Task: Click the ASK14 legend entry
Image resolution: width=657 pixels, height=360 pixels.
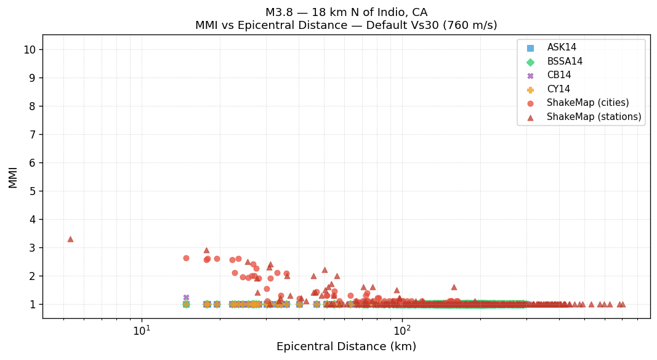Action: click(x=562, y=47)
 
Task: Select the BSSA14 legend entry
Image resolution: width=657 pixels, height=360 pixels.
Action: click(x=565, y=62)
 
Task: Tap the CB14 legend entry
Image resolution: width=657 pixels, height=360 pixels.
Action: click(x=558, y=75)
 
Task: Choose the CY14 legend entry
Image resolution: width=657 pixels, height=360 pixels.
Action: click(x=558, y=89)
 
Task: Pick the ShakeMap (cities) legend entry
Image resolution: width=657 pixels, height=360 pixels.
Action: click(x=587, y=103)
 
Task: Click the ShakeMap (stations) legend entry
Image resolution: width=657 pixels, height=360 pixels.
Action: click(x=594, y=117)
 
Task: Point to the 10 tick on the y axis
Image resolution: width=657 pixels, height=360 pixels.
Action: click(x=29, y=50)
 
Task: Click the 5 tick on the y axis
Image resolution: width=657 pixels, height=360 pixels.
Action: click(x=32, y=191)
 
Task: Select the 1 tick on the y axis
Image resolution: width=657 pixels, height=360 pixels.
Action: click(x=32, y=305)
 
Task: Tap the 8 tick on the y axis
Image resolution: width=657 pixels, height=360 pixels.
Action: click(x=32, y=106)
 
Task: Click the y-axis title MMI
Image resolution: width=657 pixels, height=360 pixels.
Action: click(x=13, y=177)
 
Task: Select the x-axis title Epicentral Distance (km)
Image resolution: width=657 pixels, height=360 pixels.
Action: click(x=346, y=347)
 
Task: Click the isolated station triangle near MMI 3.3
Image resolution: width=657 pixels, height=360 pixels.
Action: click(x=70, y=239)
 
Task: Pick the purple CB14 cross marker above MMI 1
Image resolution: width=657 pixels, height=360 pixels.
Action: click(x=186, y=297)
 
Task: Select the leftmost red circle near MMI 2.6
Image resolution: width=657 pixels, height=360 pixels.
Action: click(x=186, y=258)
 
